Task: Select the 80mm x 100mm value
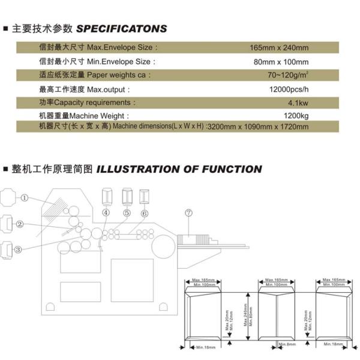[281, 62]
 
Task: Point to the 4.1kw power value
[296, 103]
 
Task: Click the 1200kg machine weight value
[296, 115]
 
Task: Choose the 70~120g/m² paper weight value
[288, 75]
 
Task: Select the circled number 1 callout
[25, 197]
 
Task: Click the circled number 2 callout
[19, 224]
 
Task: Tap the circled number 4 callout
[106, 212]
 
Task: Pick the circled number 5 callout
[127, 212]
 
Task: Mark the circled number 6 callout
[145, 212]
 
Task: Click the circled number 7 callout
[188, 212]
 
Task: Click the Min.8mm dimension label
[286, 344]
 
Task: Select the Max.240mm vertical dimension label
[245, 314]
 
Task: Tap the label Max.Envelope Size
[122, 47]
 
